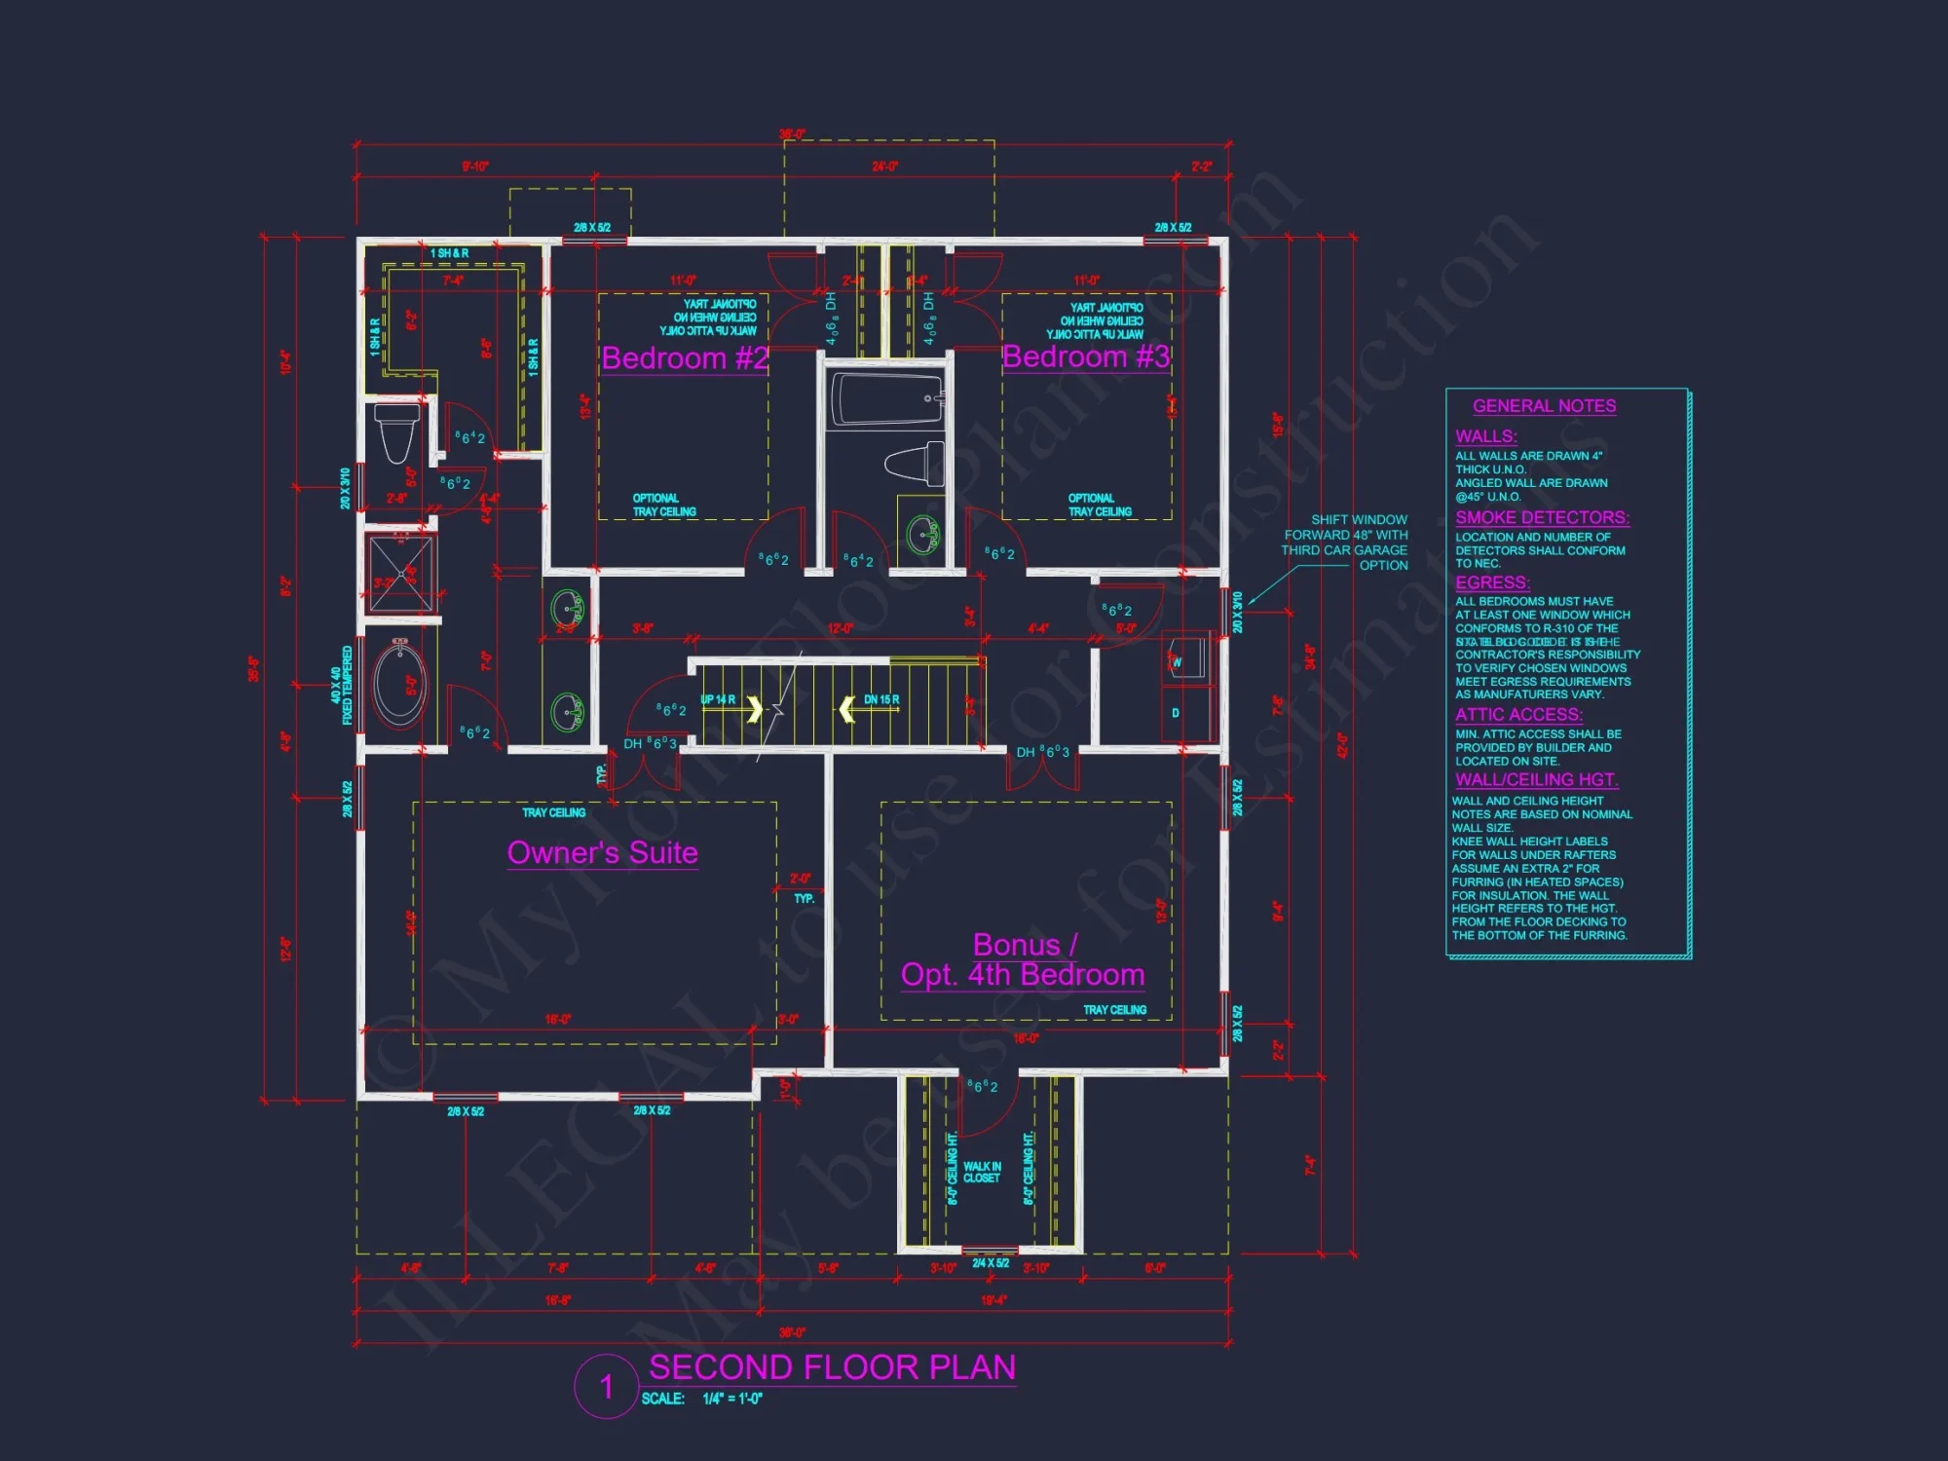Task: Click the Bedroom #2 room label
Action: tap(685, 358)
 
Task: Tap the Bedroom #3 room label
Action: tap(1085, 356)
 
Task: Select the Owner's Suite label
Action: tap(603, 853)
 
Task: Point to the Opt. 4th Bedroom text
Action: tap(1022, 975)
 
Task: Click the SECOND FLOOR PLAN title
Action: tap(832, 1367)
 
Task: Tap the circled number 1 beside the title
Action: tap(606, 1386)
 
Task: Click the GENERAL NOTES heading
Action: tap(1544, 406)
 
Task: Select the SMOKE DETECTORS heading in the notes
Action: tap(1542, 518)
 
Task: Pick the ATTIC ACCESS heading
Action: tap(1518, 715)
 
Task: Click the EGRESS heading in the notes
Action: tap(1492, 582)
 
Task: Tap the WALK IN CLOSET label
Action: tap(982, 1172)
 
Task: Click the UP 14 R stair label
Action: tap(718, 699)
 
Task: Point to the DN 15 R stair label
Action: tap(881, 699)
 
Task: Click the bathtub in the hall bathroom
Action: tap(884, 399)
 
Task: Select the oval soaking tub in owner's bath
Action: tap(399, 684)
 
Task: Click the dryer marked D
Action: tap(1176, 713)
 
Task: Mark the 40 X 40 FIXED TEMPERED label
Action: tap(342, 686)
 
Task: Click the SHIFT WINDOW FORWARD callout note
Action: tap(1345, 543)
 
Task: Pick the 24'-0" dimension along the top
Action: tap(884, 167)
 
